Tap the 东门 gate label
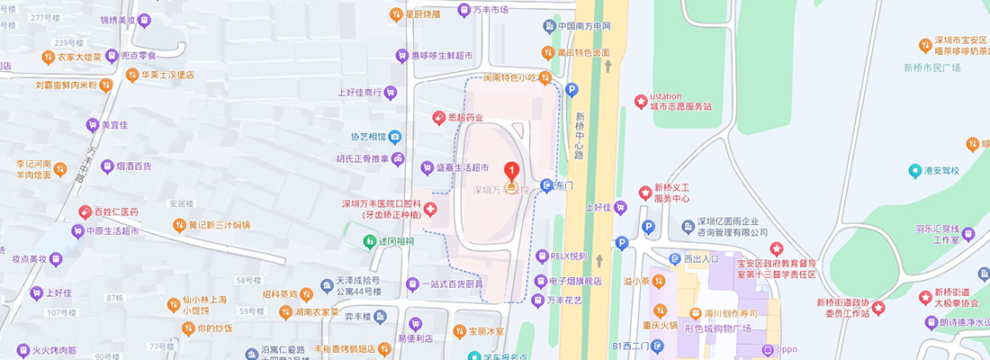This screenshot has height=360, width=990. pyautogui.click(x=564, y=185)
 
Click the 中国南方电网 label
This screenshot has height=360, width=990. pyautogui.click(x=584, y=26)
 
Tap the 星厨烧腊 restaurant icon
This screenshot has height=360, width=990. pyautogui.click(x=395, y=13)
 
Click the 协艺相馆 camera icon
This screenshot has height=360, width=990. pyautogui.click(x=395, y=137)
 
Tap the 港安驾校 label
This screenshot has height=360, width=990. pyautogui.click(x=940, y=170)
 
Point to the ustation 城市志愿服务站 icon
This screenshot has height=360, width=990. pyautogui.click(x=641, y=101)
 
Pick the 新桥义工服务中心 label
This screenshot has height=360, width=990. pyautogui.click(x=671, y=192)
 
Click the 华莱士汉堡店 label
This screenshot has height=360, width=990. pyautogui.click(x=167, y=75)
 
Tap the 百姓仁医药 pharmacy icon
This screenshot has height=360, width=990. pyautogui.click(x=85, y=212)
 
